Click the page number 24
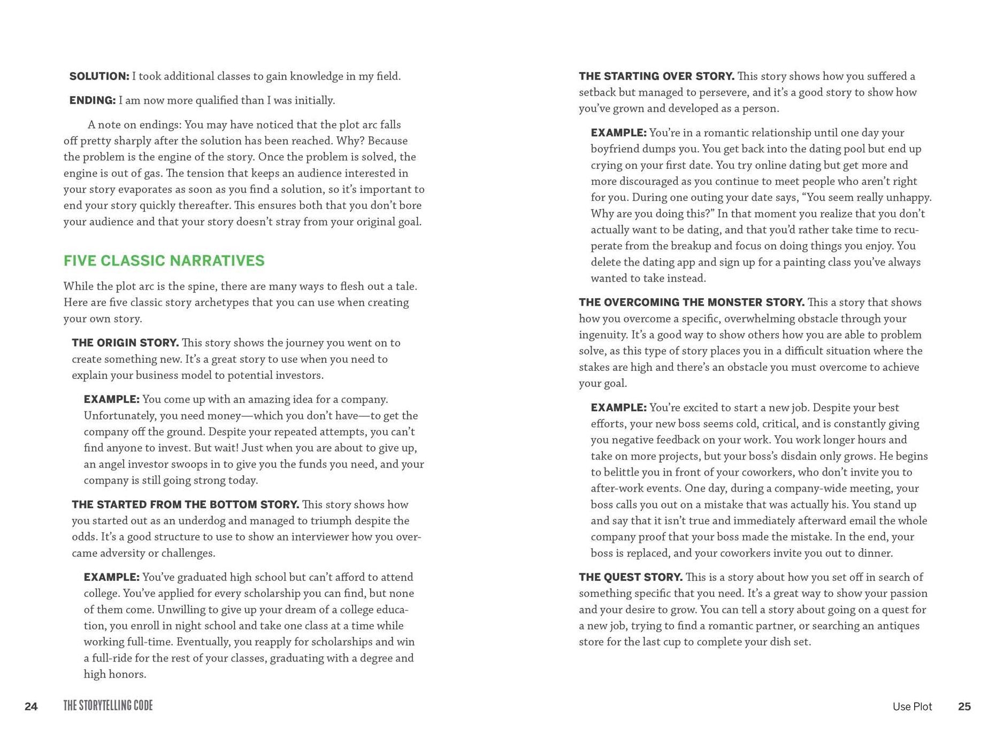(x=31, y=706)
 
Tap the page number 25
(x=964, y=706)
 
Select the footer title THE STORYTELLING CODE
(x=108, y=706)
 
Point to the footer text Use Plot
(x=912, y=706)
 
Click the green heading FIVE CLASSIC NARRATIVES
(x=164, y=261)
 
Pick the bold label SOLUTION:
(x=99, y=76)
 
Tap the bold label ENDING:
(x=92, y=100)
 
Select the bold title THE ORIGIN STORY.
(x=125, y=343)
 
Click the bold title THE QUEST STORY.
(x=630, y=577)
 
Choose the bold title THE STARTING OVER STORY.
(x=656, y=76)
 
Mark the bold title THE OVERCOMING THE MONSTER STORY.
(x=691, y=302)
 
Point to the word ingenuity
(x=602, y=335)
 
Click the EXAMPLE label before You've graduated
(x=111, y=578)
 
